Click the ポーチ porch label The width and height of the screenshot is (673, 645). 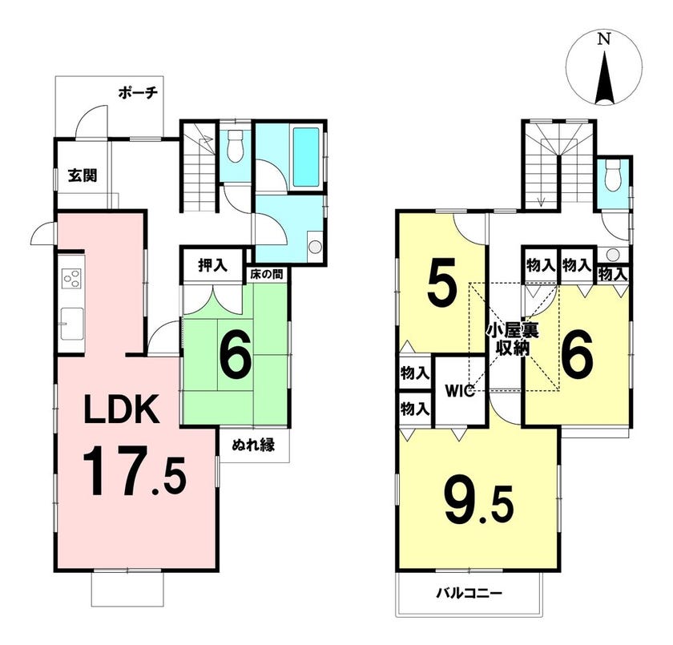(x=138, y=93)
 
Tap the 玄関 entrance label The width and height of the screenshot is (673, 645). (x=83, y=175)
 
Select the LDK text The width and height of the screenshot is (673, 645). (x=122, y=409)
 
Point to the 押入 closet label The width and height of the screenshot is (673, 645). (x=212, y=266)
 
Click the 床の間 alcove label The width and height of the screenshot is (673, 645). (x=267, y=274)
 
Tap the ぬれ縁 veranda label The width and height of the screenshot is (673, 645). (x=253, y=445)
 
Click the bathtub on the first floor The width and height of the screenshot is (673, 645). (x=306, y=157)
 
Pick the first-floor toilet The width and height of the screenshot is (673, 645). (x=234, y=146)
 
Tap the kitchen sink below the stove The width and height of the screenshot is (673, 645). (x=71, y=324)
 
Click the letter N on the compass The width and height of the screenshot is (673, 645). (x=604, y=39)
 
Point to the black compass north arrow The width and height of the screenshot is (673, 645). (x=604, y=78)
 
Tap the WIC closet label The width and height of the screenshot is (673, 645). (x=460, y=391)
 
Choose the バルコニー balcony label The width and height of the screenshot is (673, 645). (x=469, y=594)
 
